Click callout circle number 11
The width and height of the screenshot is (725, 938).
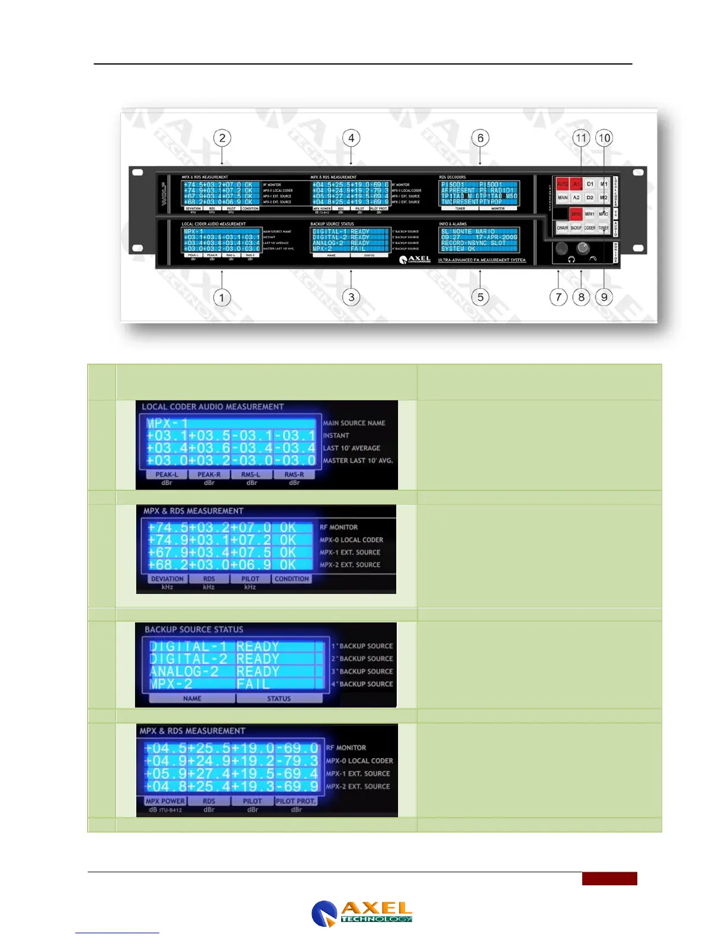coord(581,138)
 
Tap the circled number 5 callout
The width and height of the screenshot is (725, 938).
coord(480,297)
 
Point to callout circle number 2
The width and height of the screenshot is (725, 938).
coord(222,138)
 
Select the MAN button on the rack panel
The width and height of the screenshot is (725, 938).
coord(563,198)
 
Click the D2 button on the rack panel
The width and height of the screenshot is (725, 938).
coord(590,198)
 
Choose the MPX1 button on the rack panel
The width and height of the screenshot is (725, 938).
coord(590,214)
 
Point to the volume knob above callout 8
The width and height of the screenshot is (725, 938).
coord(583,248)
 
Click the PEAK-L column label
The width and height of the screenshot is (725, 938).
coord(166,474)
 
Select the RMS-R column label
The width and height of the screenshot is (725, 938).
coord(294,474)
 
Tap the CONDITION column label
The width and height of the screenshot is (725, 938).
coord(291,579)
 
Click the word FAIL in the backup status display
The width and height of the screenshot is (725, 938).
coord(254,684)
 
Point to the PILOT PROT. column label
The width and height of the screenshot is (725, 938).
coord(296,801)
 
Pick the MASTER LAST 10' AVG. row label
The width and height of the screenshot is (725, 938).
coord(358,460)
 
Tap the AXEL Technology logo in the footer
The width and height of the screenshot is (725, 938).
coord(362,913)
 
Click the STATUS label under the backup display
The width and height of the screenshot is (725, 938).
coord(279,699)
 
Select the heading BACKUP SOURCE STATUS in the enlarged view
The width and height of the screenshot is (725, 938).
coord(194,629)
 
